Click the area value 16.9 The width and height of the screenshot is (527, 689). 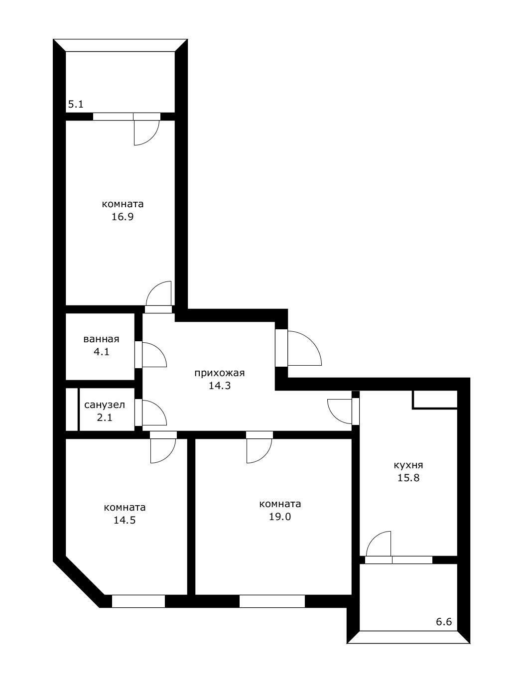[123, 217]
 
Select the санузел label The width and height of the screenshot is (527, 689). [105, 405]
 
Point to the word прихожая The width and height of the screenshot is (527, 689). [220, 373]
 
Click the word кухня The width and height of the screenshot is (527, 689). [408, 465]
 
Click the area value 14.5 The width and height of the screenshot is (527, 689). [125, 520]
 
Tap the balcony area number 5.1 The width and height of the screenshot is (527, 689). [76, 104]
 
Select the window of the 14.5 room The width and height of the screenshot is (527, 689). [138, 601]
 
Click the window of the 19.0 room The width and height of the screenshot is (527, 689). [272, 601]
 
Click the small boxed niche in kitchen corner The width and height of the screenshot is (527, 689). [435, 399]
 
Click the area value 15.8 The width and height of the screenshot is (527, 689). [408, 478]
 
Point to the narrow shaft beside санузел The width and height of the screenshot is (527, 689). [72, 410]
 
